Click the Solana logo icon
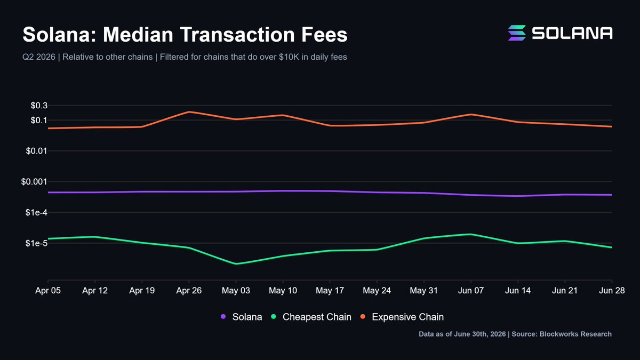517,33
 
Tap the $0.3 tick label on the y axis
39,106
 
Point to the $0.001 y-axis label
34,181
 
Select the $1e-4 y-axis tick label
36,212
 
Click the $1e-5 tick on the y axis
36,243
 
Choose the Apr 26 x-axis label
189,291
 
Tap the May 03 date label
236,291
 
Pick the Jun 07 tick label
471,291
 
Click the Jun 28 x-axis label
612,291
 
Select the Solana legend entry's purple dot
223,317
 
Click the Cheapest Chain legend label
317,317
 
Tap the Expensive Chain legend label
407,317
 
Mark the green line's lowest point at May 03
236,263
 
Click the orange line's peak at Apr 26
189,111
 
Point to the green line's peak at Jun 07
471,234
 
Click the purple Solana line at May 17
330,191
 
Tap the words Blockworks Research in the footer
575,334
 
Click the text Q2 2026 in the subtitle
39,57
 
